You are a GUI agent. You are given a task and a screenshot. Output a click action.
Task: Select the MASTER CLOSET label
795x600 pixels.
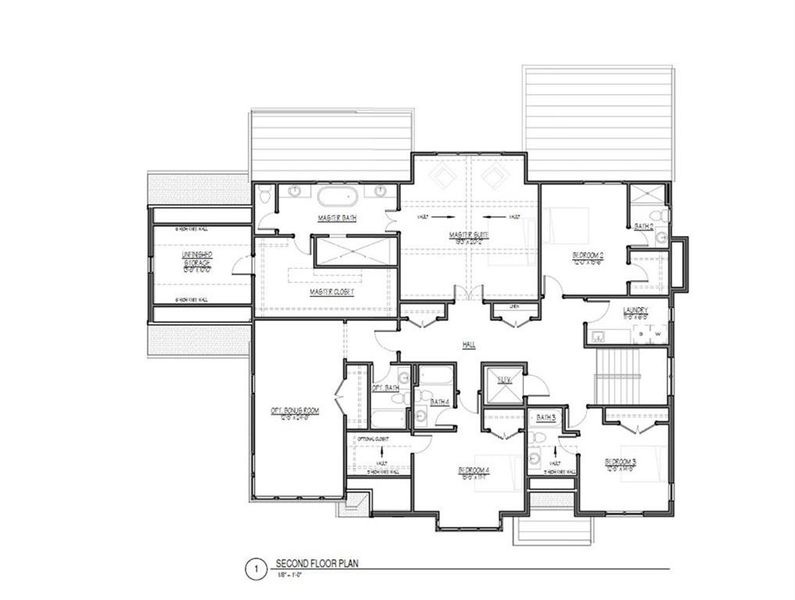click(x=333, y=291)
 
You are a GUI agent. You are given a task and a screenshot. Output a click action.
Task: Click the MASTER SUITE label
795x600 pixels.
click(x=466, y=236)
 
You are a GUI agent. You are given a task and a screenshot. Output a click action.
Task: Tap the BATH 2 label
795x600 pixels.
click(x=643, y=227)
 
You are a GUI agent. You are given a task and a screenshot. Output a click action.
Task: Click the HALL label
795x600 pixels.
click(x=467, y=345)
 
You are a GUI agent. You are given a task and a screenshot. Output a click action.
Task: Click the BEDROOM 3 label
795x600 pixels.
click(x=621, y=463)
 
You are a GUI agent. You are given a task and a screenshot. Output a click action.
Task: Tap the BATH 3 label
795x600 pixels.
click(x=545, y=417)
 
